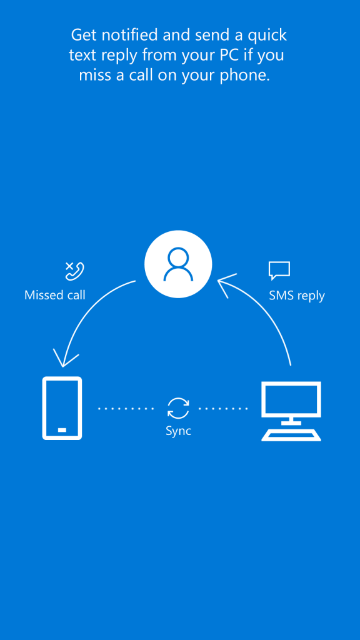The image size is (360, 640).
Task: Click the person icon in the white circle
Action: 178,264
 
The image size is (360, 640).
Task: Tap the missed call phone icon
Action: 75,271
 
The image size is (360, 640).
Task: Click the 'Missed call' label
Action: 55,295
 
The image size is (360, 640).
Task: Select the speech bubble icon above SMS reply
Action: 279,271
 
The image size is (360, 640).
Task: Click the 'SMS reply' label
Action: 297,296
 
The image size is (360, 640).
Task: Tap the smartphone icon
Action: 62,408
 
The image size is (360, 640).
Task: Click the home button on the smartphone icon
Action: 62,430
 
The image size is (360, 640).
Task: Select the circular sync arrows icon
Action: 178,409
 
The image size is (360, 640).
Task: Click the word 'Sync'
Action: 178,431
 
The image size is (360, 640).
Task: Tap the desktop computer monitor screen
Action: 291,399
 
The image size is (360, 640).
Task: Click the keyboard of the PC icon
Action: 291,435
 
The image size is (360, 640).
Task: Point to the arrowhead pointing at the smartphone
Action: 64,359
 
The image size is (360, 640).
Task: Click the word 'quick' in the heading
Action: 267,36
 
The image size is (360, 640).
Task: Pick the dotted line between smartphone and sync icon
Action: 126,409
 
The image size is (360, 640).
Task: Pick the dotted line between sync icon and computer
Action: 223,409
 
